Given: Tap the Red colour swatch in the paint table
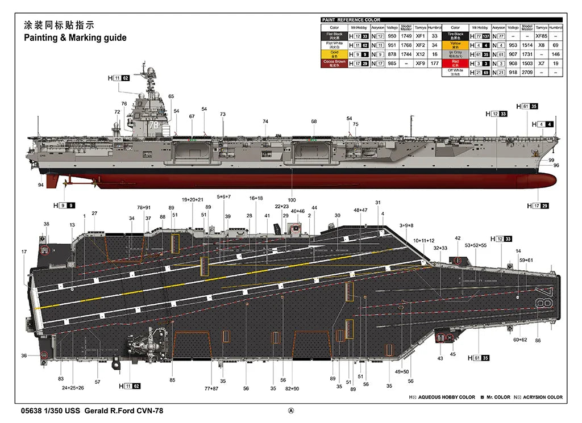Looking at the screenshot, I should click(x=455, y=63).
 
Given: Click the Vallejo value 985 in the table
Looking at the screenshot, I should click(x=392, y=63).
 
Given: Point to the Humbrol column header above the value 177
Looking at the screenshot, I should click(x=435, y=27).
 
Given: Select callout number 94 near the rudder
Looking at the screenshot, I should click(x=41, y=185).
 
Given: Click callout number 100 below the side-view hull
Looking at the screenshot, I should click(x=292, y=200).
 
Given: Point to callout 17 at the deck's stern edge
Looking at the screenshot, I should click(x=24, y=252).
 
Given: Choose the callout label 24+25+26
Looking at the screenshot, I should click(x=73, y=388).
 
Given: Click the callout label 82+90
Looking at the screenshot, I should click(x=292, y=388).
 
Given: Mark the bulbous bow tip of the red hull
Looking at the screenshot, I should click(x=550, y=181).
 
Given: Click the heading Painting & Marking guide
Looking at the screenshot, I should click(x=75, y=38).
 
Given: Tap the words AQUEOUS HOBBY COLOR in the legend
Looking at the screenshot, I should click(x=446, y=397).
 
